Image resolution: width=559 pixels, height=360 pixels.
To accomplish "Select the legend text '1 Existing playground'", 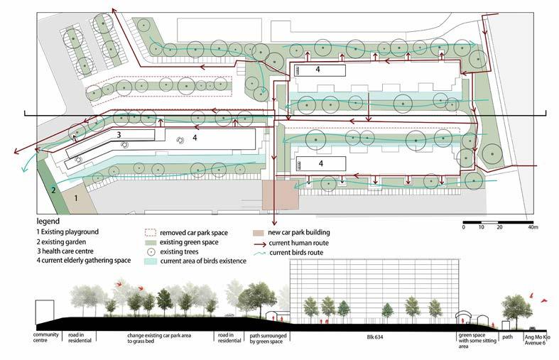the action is (x=68, y=232).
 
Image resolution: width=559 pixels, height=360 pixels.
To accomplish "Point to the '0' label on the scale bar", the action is (x=463, y=227).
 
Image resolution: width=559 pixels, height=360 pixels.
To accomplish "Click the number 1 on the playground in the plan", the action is (x=75, y=198).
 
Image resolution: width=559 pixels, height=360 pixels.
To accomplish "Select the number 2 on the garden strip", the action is (x=53, y=190).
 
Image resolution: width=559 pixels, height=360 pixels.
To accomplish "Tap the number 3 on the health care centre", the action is (x=119, y=134).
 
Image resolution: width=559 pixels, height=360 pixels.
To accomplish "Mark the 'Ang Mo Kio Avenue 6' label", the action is (x=538, y=338).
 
